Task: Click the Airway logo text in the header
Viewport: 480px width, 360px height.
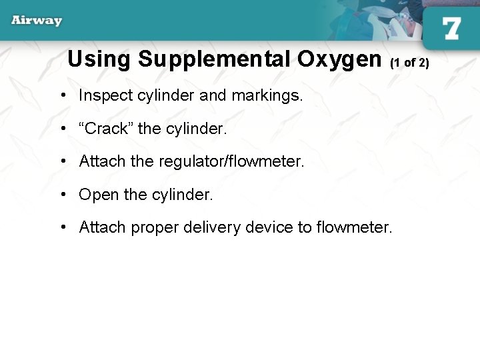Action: (37, 20)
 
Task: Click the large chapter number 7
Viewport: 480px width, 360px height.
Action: (451, 28)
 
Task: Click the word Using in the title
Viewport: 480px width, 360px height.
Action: (99, 59)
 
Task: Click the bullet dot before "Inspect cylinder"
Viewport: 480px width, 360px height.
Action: (61, 95)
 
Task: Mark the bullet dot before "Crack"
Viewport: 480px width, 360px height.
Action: (61, 129)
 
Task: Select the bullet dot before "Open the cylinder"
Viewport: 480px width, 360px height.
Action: (61, 195)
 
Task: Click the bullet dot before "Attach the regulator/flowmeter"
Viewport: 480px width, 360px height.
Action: (61, 161)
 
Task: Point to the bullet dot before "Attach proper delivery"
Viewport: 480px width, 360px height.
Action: (61, 227)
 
